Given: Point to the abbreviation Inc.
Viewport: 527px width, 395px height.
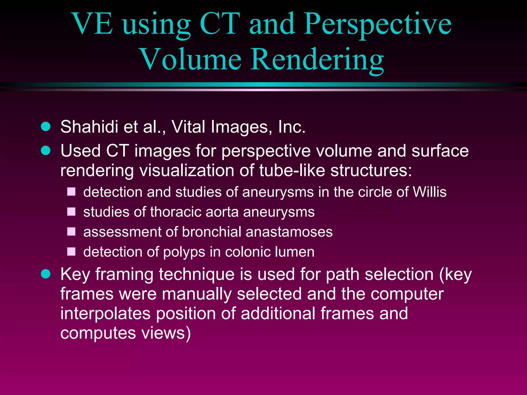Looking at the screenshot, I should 292,127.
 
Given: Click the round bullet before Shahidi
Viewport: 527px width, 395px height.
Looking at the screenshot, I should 46,127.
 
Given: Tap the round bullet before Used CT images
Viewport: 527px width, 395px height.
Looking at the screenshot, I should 46,150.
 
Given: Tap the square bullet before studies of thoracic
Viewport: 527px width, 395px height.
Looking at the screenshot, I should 71,212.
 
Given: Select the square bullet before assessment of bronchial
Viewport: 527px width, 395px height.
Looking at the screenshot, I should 71,231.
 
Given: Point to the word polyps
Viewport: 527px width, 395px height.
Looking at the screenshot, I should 184,252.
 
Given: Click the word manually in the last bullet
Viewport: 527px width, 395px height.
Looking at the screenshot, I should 197,294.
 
